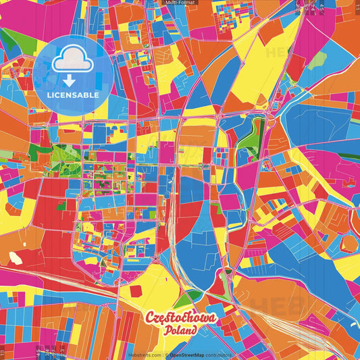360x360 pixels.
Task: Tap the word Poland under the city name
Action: pyautogui.click(x=180, y=331)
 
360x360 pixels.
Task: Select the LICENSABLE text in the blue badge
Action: pyautogui.click(x=72, y=95)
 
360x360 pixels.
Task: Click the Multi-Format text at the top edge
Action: pyautogui.click(x=180, y=3)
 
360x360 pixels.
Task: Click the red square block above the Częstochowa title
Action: pyautogui.click(x=136, y=291)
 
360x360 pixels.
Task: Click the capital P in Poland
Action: pyautogui.click(x=166, y=331)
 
